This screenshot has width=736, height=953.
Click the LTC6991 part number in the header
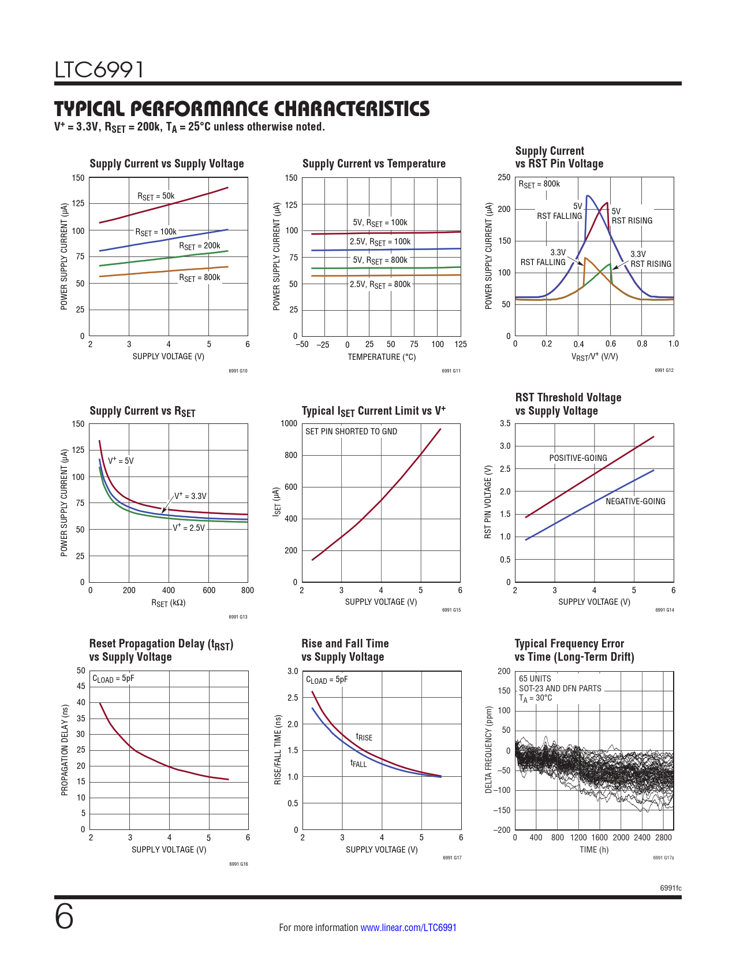[x=99, y=70]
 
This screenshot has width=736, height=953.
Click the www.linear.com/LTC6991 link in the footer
[x=408, y=928]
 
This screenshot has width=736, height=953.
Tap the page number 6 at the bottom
[x=64, y=917]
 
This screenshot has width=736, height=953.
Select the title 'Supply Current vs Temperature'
[x=373, y=163]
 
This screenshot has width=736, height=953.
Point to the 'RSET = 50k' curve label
[x=156, y=196]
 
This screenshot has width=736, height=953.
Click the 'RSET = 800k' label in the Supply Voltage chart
[x=199, y=278]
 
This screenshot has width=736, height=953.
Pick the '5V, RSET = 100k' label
[x=380, y=223]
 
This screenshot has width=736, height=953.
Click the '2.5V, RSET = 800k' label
[x=380, y=285]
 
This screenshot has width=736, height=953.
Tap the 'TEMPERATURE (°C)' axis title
[x=382, y=357]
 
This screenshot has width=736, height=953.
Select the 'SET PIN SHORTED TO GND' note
[x=351, y=431]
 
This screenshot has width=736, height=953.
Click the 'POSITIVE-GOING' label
[x=578, y=458]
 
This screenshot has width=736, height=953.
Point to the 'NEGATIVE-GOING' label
[x=635, y=501]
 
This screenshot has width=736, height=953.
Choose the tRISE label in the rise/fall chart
[x=364, y=737]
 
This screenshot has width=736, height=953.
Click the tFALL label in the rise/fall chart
[x=358, y=764]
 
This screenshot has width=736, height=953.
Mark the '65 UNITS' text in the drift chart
[x=535, y=679]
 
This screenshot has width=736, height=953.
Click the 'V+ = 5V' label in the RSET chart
[x=121, y=461]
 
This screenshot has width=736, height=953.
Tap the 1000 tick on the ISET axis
[x=289, y=423]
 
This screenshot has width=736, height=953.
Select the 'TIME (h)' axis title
[x=594, y=850]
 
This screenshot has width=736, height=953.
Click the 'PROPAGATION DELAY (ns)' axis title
[x=65, y=750]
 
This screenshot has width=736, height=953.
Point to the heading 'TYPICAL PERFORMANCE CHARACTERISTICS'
[x=242, y=109]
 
